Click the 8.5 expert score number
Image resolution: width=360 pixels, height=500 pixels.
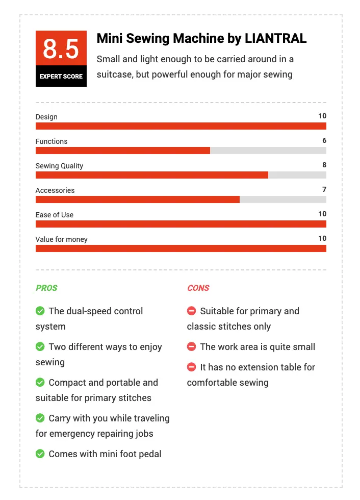pyautogui.click(x=61, y=49)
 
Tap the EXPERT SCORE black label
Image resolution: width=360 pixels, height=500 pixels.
pyautogui.click(x=61, y=76)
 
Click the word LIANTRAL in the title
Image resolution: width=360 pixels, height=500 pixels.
pyautogui.click(x=275, y=38)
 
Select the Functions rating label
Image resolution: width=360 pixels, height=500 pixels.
pyautogui.click(x=52, y=141)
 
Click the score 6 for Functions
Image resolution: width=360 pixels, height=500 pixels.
pyautogui.click(x=324, y=140)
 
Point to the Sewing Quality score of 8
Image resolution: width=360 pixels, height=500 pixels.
pyautogui.click(x=324, y=165)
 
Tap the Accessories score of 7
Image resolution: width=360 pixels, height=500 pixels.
pyautogui.click(x=324, y=189)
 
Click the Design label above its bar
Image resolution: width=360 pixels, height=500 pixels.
pyautogui.click(x=46, y=117)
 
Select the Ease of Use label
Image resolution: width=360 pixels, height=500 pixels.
pyautogui.click(x=55, y=215)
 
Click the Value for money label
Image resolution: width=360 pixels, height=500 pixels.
pyautogui.click(x=62, y=239)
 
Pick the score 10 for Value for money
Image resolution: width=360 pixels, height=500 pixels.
pyautogui.click(x=322, y=239)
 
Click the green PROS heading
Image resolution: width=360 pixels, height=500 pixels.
pyautogui.click(x=46, y=288)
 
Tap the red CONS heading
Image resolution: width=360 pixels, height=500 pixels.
pyautogui.click(x=198, y=288)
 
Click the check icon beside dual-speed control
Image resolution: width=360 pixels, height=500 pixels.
pyautogui.click(x=40, y=311)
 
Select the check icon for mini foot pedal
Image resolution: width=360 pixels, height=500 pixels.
pyautogui.click(x=40, y=454)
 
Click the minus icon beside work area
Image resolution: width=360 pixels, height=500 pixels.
pyautogui.click(x=191, y=346)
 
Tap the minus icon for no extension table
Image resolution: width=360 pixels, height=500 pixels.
pyautogui.click(x=191, y=367)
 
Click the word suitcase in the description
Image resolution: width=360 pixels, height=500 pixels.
pyautogui.click(x=115, y=74)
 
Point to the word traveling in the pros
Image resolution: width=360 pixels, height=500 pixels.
pyautogui.click(x=151, y=418)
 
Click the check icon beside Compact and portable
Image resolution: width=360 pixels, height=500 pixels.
pyautogui.click(x=40, y=382)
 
